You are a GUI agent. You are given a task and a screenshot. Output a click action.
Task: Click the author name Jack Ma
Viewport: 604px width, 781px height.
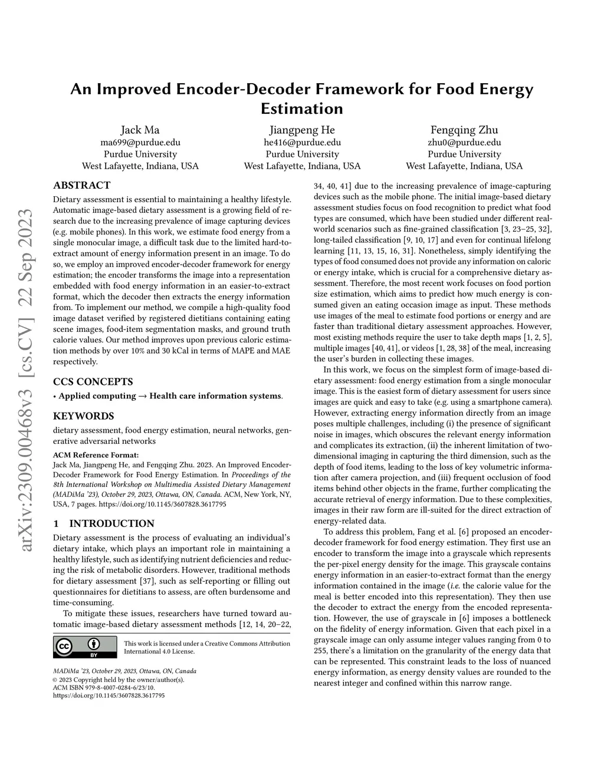pos(140,130)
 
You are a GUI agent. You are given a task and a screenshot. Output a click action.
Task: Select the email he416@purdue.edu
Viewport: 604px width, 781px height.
pos(302,142)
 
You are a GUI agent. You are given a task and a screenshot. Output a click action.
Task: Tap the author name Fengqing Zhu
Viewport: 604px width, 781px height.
pos(464,130)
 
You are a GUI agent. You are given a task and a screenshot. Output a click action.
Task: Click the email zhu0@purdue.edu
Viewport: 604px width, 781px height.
pos(464,142)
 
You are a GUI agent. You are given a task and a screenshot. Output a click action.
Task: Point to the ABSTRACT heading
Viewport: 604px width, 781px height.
pos(81,185)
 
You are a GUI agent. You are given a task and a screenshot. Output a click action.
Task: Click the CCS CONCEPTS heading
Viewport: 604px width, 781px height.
pos(93,381)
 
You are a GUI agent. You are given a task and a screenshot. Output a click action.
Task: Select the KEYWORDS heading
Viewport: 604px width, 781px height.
pos(83,416)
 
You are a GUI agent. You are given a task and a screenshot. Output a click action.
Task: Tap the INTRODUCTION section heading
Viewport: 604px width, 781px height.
pos(111,523)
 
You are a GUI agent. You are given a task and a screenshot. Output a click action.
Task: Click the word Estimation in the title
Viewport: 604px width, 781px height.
pos(301,109)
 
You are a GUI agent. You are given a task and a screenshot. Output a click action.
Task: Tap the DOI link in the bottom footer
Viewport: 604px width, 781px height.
pos(109,696)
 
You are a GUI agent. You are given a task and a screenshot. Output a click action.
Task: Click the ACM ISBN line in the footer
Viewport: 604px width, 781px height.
pos(104,687)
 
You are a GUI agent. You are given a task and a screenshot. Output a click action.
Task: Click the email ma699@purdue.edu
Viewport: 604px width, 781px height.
pos(140,142)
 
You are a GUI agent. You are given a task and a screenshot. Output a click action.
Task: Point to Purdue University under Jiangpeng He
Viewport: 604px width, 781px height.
pos(302,154)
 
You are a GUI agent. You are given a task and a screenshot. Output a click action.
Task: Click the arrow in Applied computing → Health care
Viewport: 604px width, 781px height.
pos(142,396)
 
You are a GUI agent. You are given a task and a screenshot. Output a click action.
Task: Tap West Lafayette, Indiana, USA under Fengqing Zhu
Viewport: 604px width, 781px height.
pos(464,166)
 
